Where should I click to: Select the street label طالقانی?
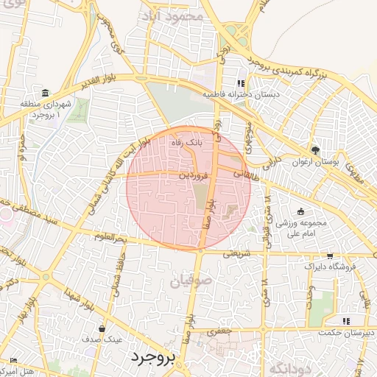(x=247, y=173)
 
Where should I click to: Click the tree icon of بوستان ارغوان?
(x=316, y=149)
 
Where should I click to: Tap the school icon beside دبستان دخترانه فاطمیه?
(x=240, y=82)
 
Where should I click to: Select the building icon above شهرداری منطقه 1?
(x=46, y=94)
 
